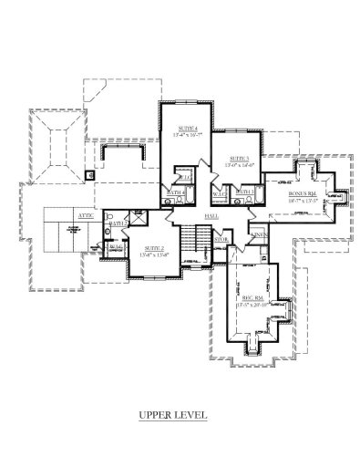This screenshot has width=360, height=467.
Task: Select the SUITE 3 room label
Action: click(240, 158)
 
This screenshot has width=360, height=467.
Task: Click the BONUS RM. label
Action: click(302, 193)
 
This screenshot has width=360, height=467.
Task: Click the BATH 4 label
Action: click(177, 192)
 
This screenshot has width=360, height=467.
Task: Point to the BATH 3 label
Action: click(246, 191)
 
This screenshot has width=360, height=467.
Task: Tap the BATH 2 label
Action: click(118, 223)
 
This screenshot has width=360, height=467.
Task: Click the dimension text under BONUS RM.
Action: click(302, 201)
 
